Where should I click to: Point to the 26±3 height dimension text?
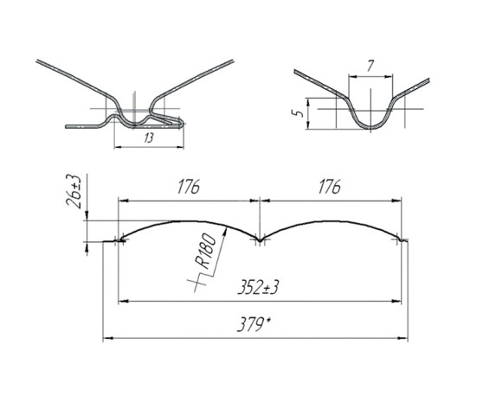point(76,192)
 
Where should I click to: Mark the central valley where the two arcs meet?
point(259,239)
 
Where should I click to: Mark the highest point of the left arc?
point(189,220)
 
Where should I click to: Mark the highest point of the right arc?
point(329,220)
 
